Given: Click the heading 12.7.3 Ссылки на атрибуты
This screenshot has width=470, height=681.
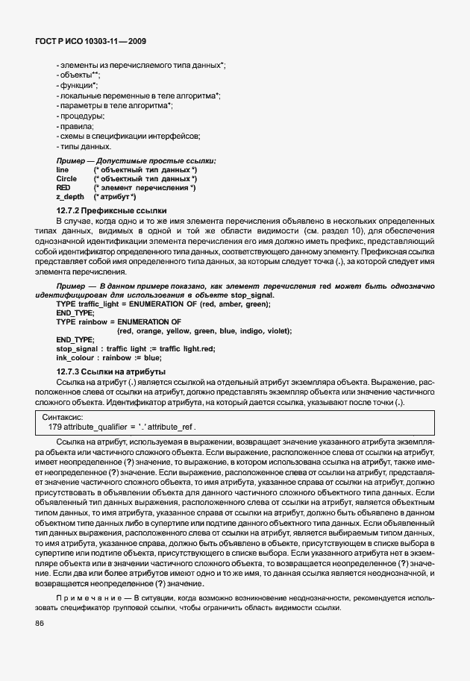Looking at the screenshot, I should point(111,371).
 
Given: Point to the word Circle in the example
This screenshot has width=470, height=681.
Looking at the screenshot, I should point(66,179).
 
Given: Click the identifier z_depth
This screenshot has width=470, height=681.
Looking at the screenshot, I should point(70,197).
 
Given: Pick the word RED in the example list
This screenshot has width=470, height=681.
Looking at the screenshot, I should point(63,188).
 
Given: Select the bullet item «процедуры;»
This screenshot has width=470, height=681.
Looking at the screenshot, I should point(81,116).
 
